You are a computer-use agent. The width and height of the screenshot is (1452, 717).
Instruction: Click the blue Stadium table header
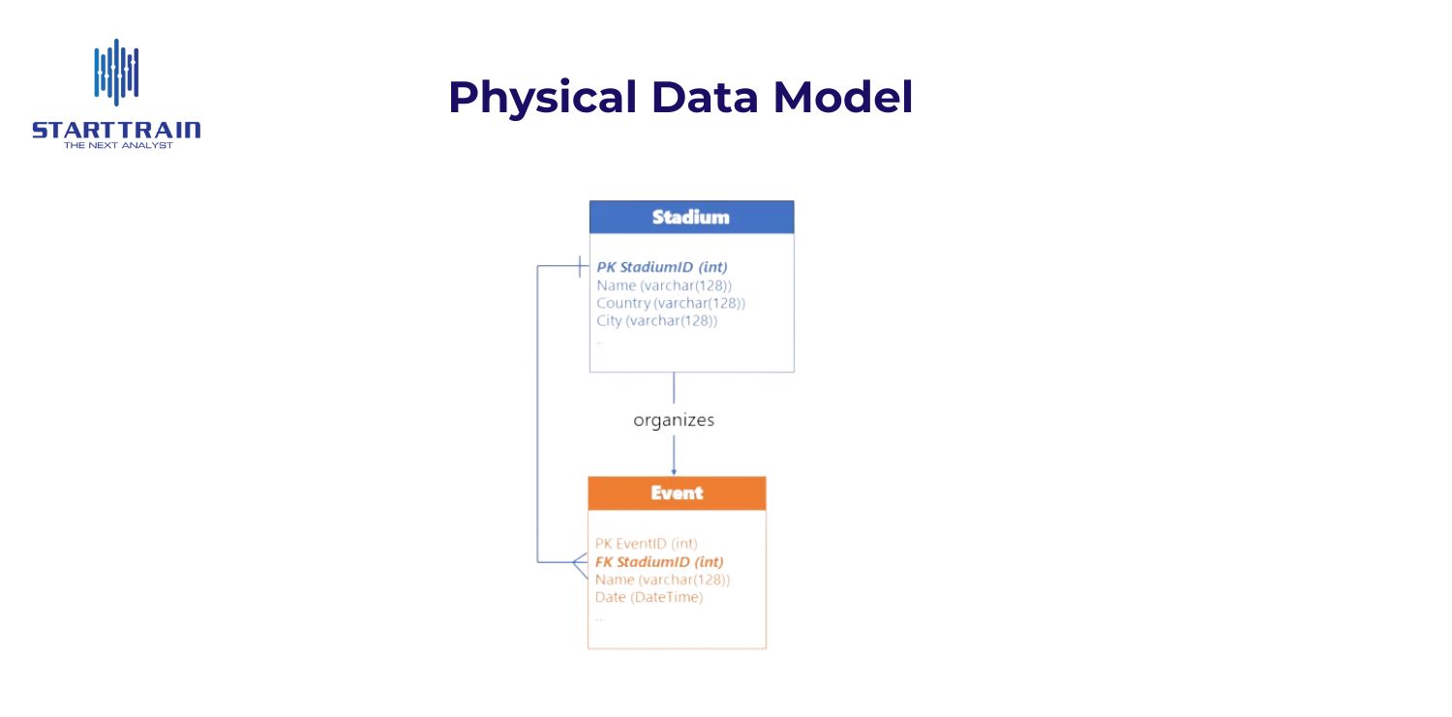tap(691, 217)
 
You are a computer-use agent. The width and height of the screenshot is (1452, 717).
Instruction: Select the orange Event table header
tap(677, 493)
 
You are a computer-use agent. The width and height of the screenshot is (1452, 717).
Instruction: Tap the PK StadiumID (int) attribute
tap(662, 267)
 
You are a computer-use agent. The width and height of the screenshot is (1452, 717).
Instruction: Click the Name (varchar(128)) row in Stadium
tap(664, 285)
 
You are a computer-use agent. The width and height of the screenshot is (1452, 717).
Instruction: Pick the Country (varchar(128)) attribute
tap(671, 303)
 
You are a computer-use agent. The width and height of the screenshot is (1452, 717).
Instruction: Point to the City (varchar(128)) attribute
tap(657, 320)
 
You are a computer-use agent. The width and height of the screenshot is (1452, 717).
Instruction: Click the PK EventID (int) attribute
tap(647, 544)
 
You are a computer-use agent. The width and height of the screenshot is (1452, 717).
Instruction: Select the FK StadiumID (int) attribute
tap(659, 561)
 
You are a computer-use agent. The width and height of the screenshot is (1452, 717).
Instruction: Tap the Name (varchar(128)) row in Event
tap(662, 580)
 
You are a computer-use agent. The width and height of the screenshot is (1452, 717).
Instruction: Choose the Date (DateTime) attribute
tap(649, 597)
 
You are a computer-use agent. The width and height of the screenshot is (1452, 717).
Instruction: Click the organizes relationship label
tap(674, 420)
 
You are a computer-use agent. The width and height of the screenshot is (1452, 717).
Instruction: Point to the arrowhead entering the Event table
tap(674, 469)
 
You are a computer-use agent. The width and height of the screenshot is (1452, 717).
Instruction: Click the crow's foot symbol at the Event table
tap(580, 562)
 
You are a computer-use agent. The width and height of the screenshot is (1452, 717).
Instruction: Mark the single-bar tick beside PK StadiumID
tap(579, 266)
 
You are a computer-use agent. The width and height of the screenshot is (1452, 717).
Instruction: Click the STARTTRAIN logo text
tap(116, 130)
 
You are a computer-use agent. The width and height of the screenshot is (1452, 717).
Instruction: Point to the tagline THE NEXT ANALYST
tap(117, 145)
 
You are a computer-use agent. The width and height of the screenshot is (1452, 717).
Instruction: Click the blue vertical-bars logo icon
tap(116, 73)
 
